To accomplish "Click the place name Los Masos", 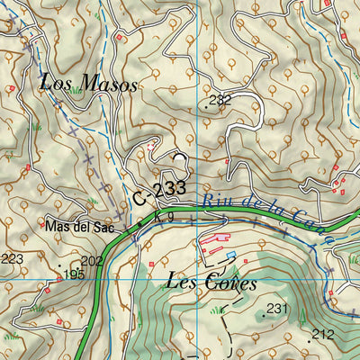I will click(88, 85).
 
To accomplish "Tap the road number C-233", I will click(159, 192).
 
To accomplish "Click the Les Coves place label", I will click(212, 282).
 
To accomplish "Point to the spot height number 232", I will click(220, 100).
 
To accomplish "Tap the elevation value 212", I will click(322, 334).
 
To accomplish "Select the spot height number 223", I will click(12, 259).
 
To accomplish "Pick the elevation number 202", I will click(93, 261).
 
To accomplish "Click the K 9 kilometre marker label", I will click(163, 217).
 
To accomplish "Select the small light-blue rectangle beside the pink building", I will click(231, 256).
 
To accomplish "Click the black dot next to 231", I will click(264, 316).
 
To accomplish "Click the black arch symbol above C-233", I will click(179, 157).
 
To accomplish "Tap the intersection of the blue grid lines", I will click(196, 280).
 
